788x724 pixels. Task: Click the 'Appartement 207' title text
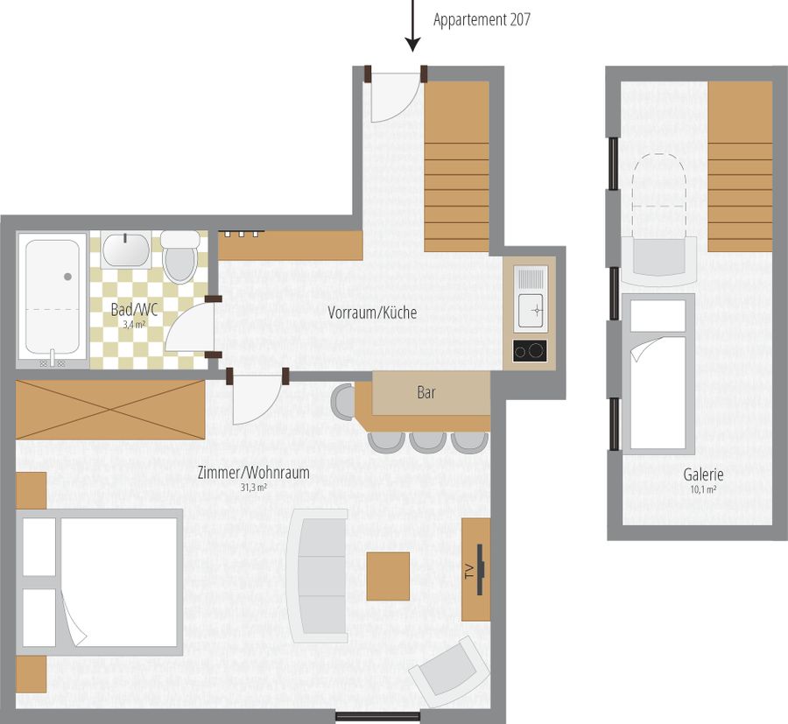pos(482,20)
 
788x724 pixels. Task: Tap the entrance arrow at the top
pos(412,25)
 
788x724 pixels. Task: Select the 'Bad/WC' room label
pos(134,310)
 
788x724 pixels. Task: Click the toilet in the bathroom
pos(179,257)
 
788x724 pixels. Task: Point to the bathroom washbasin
pos(125,250)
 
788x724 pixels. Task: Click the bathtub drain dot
pos(67,277)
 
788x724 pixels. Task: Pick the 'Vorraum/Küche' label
pos(372,313)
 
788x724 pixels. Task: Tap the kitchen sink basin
pos(531,311)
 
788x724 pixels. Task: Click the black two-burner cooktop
pos(530,351)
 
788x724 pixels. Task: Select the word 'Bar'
pos(426,392)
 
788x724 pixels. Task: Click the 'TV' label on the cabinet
pos(469,572)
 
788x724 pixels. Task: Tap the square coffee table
pos(388,576)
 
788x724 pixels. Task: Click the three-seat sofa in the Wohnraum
pos(318,576)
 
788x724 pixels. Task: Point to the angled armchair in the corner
pos(450,671)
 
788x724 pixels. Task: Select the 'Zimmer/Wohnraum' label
pos(253,473)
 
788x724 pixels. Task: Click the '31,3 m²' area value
pos(253,488)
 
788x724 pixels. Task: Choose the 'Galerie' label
pos(703,474)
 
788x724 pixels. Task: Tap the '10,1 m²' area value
pos(703,489)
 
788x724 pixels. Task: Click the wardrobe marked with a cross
pos(110,410)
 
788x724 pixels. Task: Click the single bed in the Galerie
pos(658,374)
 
